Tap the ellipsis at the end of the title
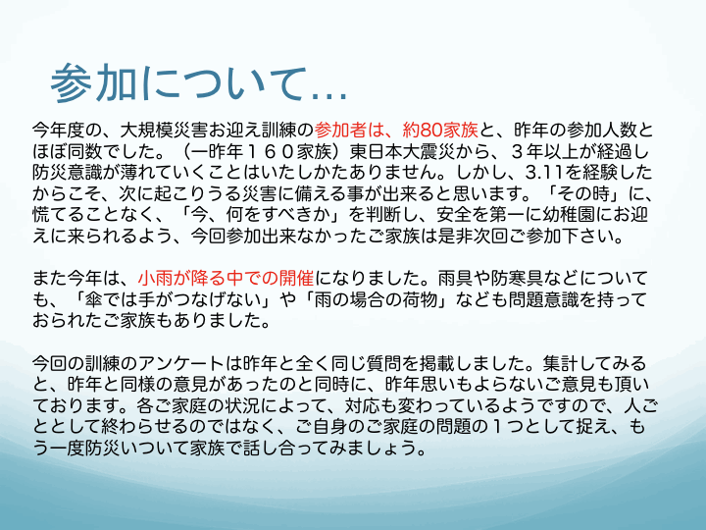(330, 95)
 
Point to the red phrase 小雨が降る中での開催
(227, 278)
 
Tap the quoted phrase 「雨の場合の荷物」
(376, 299)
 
